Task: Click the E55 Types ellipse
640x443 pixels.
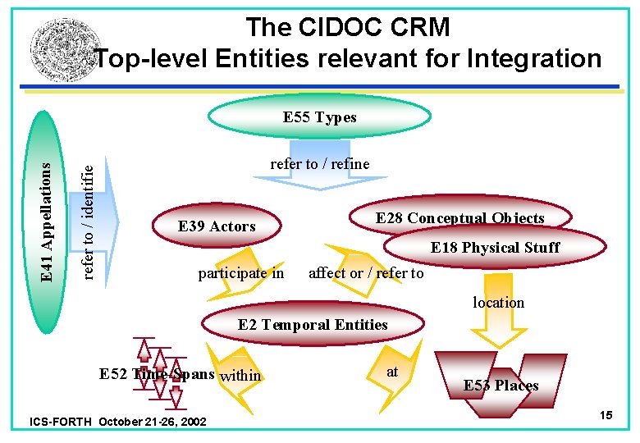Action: click(320, 117)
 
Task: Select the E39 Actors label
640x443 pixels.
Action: click(217, 226)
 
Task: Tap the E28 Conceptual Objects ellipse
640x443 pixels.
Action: click(459, 218)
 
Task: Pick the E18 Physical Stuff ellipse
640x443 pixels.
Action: click(495, 247)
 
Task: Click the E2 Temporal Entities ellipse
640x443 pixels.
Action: click(313, 325)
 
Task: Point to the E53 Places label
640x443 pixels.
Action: click(501, 386)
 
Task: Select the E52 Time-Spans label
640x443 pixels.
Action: click(157, 374)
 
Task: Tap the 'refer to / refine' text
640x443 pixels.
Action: click(320, 164)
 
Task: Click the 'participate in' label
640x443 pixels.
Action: click(241, 273)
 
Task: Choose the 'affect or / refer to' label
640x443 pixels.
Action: click(366, 273)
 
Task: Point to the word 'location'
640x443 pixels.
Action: click(498, 303)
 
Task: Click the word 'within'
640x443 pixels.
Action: click(240, 376)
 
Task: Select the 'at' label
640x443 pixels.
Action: click(392, 372)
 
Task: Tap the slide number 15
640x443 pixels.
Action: click(606, 416)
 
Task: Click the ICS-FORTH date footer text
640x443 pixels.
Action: click(117, 422)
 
